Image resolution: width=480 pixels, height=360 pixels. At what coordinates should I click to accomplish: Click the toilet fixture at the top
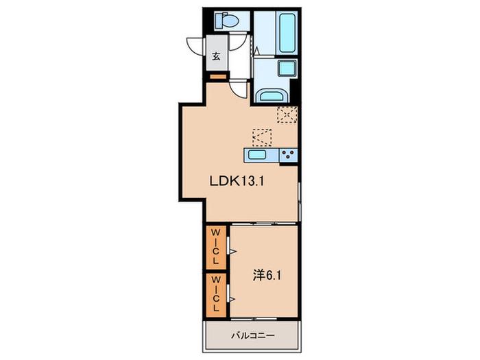tap(227, 21)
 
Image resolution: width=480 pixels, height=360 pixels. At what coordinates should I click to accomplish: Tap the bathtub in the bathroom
tap(288, 32)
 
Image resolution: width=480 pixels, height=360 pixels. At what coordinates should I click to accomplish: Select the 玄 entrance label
tap(217, 56)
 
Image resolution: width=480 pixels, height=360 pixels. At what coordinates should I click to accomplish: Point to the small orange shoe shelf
tap(218, 77)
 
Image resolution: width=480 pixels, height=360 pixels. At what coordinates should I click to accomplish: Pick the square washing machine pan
tap(287, 68)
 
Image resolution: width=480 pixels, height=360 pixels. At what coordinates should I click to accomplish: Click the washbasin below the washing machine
tap(272, 95)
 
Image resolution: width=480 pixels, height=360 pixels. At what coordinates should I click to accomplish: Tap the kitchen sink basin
tap(257, 154)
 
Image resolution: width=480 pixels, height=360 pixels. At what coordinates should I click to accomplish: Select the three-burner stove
tap(288, 154)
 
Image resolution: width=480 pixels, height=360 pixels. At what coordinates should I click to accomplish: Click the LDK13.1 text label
tap(237, 181)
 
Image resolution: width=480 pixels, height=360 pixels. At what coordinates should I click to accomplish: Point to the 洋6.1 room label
tap(267, 276)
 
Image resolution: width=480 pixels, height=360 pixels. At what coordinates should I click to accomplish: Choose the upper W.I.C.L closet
tap(216, 248)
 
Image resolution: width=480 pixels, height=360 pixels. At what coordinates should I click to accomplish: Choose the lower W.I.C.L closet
tap(216, 295)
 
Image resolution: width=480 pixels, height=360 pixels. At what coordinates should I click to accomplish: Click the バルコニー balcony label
tap(253, 336)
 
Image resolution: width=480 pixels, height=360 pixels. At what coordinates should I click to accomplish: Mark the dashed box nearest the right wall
tap(287, 115)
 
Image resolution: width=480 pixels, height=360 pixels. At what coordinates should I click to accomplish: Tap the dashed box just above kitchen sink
tap(262, 137)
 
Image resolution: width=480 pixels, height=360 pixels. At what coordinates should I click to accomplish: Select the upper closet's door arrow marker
tap(233, 252)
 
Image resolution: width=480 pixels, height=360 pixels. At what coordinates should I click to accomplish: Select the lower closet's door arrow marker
tap(232, 298)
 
